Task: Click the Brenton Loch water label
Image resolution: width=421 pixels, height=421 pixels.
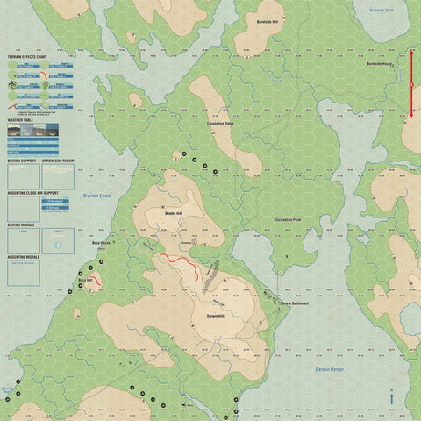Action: pos(92,196)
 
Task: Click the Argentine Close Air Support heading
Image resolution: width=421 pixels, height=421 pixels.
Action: pos(32,191)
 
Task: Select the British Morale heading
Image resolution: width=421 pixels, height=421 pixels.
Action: pos(20,225)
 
